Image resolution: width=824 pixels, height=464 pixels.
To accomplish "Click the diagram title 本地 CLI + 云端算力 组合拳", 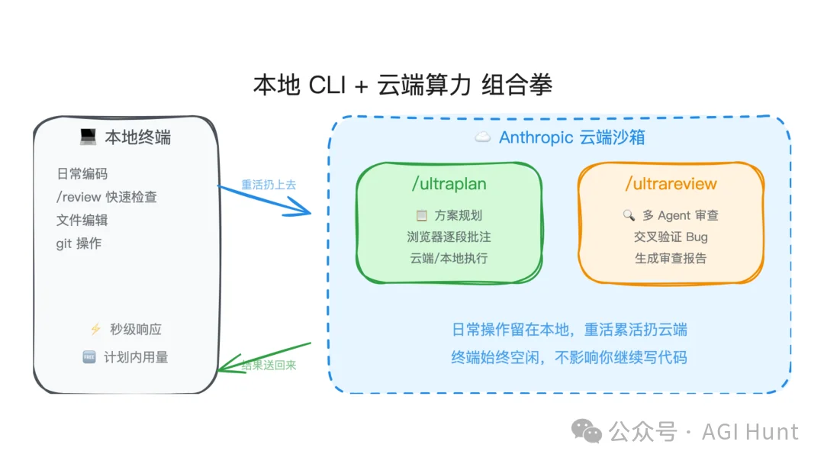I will [402, 85].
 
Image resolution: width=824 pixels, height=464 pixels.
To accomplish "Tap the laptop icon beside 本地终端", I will [88, 137].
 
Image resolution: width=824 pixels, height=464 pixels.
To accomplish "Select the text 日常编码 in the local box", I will [82, 174].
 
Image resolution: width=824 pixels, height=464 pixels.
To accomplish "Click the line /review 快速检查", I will [106, 197].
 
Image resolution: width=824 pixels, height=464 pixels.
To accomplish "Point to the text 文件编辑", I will [82, 220].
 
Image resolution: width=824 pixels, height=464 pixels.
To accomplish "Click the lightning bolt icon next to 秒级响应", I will [95, 330].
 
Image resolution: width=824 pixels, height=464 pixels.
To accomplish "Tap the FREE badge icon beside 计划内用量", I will [89, 357].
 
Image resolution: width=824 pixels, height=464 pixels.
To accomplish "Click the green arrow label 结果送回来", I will [269, 366].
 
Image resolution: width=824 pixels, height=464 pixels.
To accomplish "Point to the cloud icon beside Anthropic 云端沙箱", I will [482, 138].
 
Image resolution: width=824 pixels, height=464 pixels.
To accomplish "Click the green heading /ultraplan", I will [449, 184].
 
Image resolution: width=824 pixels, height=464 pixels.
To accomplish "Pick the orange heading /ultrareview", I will [671, 184].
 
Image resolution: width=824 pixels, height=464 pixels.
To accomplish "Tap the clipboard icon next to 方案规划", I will [421, 216].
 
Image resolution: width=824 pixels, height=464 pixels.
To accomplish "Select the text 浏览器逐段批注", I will [449, 237].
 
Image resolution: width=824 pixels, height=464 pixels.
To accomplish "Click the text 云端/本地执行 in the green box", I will [449, 258].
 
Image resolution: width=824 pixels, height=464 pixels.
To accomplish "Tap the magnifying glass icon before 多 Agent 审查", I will [629, 216].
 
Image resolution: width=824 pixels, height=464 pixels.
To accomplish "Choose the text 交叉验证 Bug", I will [671, 237].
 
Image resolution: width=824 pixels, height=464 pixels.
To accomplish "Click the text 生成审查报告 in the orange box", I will [671, 258].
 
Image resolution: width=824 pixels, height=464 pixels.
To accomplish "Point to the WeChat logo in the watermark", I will [587, 432].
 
